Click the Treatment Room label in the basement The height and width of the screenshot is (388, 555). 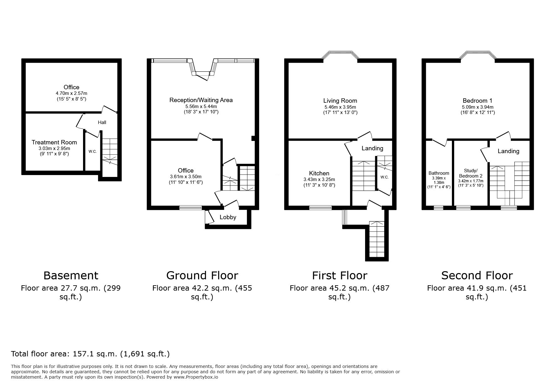[54, 142]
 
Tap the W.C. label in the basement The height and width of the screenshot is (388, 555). [92, 152]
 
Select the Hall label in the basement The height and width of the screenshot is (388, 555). [102, 122]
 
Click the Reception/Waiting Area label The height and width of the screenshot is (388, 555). [201, 100]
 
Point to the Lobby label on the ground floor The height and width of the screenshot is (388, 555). [228, 217]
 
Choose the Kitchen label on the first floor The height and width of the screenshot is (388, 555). [319, 173]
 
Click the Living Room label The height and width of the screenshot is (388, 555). [340, 101]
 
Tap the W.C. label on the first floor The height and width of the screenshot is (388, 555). [385, 177]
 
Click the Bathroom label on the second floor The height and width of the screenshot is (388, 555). [439, 173]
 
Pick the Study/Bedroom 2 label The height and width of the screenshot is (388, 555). [471, 173]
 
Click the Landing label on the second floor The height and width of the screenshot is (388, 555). [508, 151]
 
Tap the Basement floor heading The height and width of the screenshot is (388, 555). [71, 276]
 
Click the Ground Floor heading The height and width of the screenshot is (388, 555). [202, 276]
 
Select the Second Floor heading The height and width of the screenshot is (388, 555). [477, 276]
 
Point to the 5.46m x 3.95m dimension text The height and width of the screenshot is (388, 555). [340, 107]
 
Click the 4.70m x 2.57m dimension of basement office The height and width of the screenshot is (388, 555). [71, 93]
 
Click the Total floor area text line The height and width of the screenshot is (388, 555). [90, 354]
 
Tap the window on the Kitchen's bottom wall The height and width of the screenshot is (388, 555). [320, 207]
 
